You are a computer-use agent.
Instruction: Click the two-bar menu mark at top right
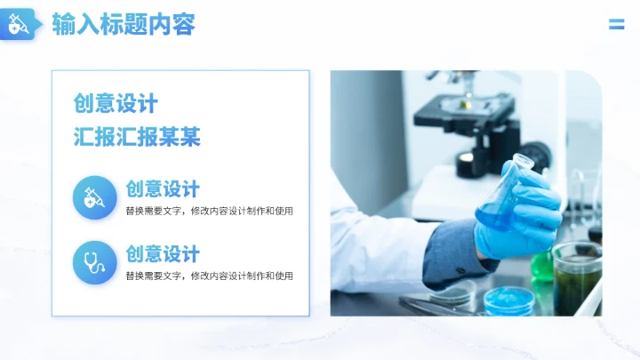616,24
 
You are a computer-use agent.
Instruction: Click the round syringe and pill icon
94,197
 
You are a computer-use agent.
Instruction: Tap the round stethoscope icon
94,262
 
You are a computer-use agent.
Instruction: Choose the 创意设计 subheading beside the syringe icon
163,188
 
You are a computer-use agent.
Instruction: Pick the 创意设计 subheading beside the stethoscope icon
163,253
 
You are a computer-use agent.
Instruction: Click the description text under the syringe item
209,212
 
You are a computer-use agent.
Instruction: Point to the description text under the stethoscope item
209,276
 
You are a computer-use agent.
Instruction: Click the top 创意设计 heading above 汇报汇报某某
116,104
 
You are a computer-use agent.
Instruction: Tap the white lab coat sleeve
382,253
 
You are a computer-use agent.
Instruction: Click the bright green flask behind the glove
541,266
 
